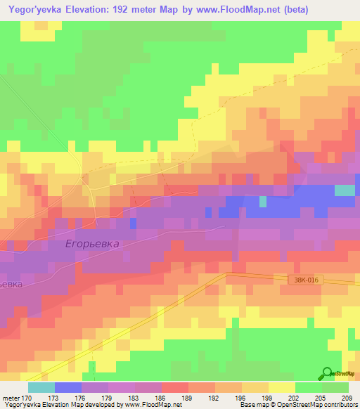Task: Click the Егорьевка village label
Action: [x=92, y=243]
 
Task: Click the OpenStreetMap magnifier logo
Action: [x=328, y=374]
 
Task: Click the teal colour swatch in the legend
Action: [x=41, y=387]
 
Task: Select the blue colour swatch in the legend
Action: [x=67, y=387]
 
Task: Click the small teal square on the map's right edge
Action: [x=345, y=190]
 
